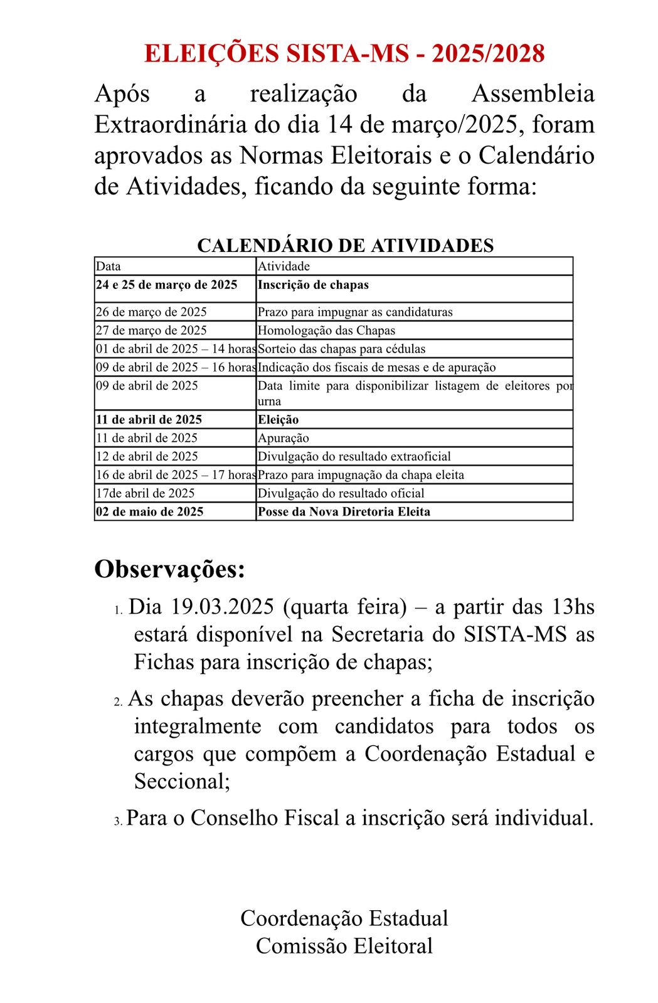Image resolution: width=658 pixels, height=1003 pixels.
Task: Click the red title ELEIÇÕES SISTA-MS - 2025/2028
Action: pos(344,54)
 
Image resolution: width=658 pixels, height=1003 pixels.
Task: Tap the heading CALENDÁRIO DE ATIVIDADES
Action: pos(345,245)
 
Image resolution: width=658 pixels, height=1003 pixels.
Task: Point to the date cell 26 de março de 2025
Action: pos(151,312)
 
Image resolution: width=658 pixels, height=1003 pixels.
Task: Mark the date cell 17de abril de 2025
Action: pos(145,493)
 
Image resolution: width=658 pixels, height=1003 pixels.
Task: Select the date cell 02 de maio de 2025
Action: pos(149,512)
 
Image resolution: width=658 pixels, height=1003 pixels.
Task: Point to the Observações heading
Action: pos(169,569)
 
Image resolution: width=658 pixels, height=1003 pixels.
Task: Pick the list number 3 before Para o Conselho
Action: pos(118,821)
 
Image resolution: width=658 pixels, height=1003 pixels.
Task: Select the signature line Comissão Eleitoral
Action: pos(344,945)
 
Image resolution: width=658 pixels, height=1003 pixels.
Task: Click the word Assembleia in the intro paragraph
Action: pos(533,94)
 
